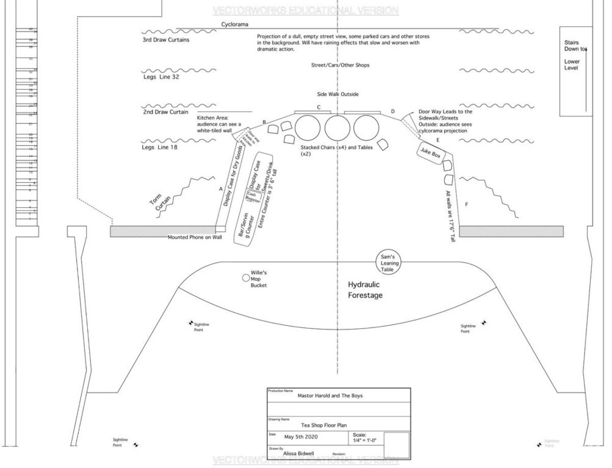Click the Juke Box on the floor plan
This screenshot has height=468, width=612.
pyautogui.click(x=432, y=155)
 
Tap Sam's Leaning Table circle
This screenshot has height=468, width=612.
pyautogui.click(x=389, y=261)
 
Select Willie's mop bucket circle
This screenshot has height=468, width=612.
pyautogui.click(x=246, y=278)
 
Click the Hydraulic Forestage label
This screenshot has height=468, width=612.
pyautogui.click(x=365, y=290)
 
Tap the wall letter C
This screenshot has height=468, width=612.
pyautogui.click(x=319, y=107)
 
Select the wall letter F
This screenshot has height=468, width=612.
pyautogui.click(x=467, y=204)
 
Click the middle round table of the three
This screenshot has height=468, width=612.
pyautogui.click(x=337, y=128)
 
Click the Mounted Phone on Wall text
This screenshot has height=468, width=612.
pyautogui.click(x=195, y=237)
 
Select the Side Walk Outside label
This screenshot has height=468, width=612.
pyautogui.click(x=337, y=94)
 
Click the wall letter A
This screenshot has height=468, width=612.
pyautogui.click(x=220, y=190)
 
